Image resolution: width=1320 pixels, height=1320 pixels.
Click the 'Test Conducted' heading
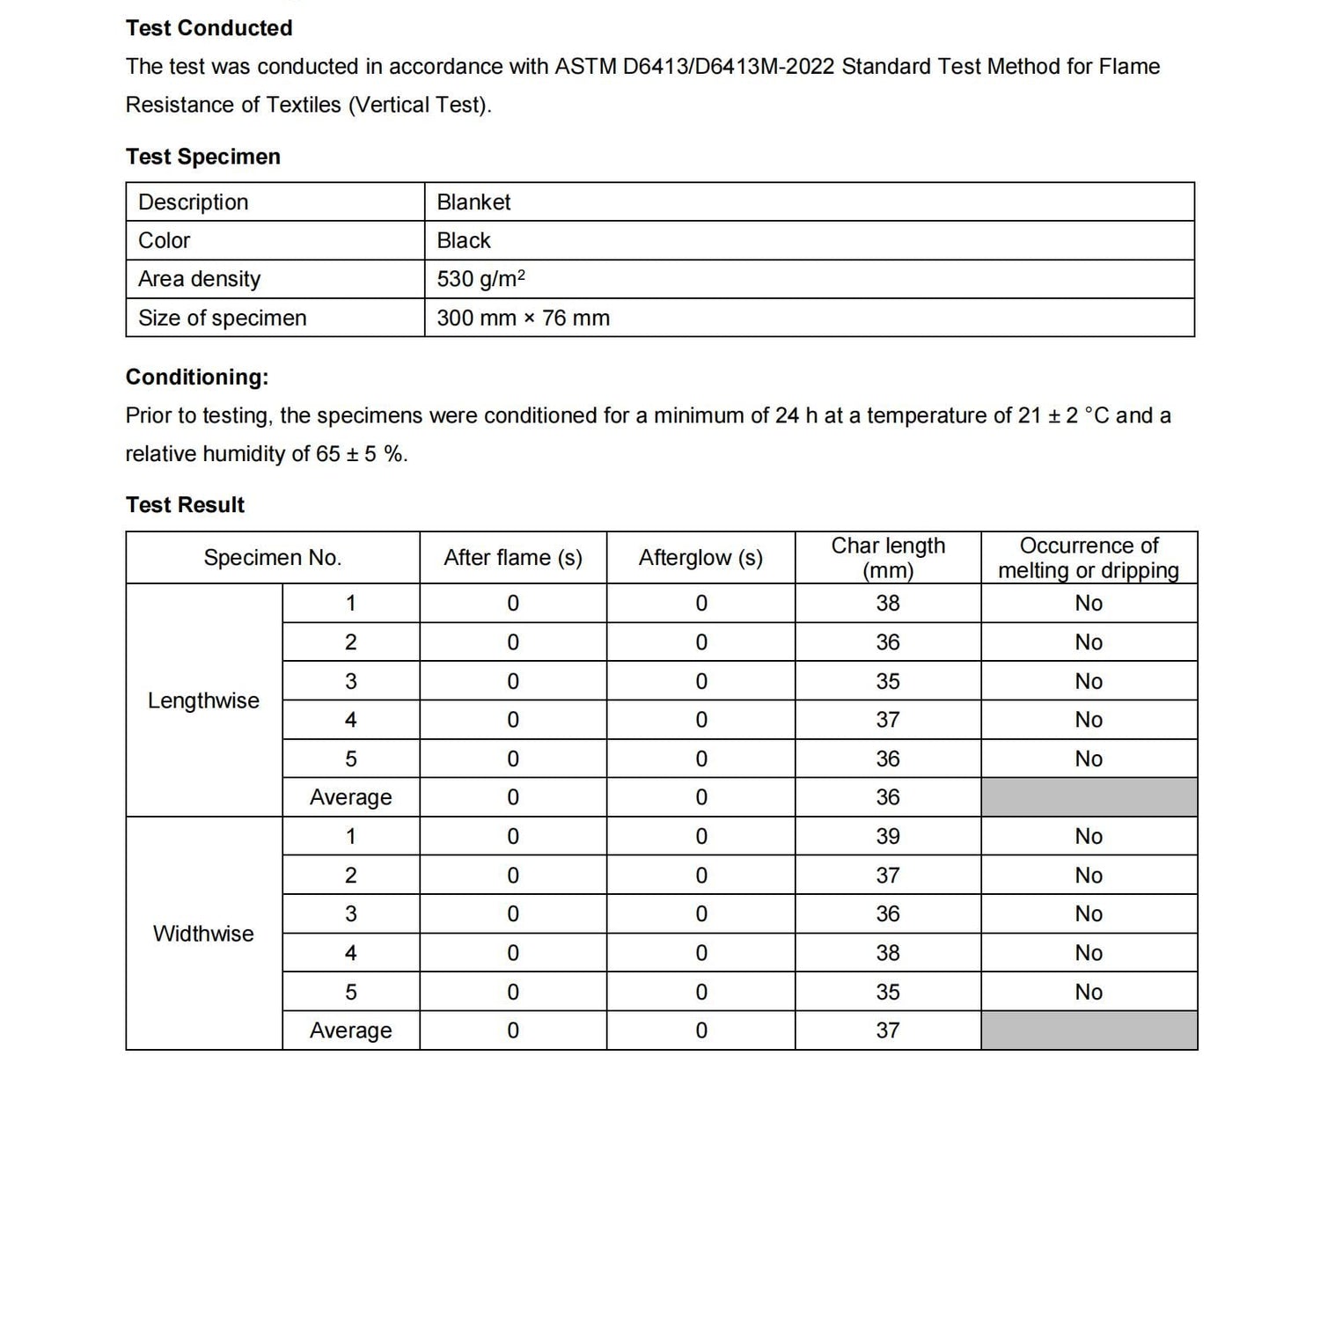coord(209,28)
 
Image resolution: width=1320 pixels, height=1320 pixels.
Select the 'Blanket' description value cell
coord(473,202)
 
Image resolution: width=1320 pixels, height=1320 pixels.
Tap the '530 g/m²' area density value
coord(480,279)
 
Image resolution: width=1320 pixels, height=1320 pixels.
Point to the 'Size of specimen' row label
coord(222,318)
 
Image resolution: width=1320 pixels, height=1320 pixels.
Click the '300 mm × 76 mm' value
coord(523,318)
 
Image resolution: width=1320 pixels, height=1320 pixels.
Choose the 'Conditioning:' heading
coord(196,378)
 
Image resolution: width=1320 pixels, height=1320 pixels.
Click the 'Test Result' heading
coord(185,505)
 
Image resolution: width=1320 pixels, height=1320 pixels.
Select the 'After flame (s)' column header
coord(512,558)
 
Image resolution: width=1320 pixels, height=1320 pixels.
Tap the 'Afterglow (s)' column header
coord(700,558)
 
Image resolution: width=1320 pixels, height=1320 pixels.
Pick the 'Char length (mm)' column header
coord(888,558)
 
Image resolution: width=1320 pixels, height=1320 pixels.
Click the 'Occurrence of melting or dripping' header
coord(1089,558)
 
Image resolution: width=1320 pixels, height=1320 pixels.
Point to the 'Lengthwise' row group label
coord(203,700)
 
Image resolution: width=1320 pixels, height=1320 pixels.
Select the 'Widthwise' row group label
coord(203,934)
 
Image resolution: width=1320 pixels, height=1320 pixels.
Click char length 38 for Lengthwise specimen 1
coord(888,604)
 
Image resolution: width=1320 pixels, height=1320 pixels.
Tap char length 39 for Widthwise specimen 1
coord(888,837)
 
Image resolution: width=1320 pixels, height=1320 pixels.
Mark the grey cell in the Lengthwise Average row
coord(1089,797)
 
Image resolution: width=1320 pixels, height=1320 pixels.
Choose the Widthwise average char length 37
coord(888,1030)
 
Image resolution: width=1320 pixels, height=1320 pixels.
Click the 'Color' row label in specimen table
coord(164,241)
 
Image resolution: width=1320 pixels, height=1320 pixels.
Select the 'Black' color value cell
coord(464,241)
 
